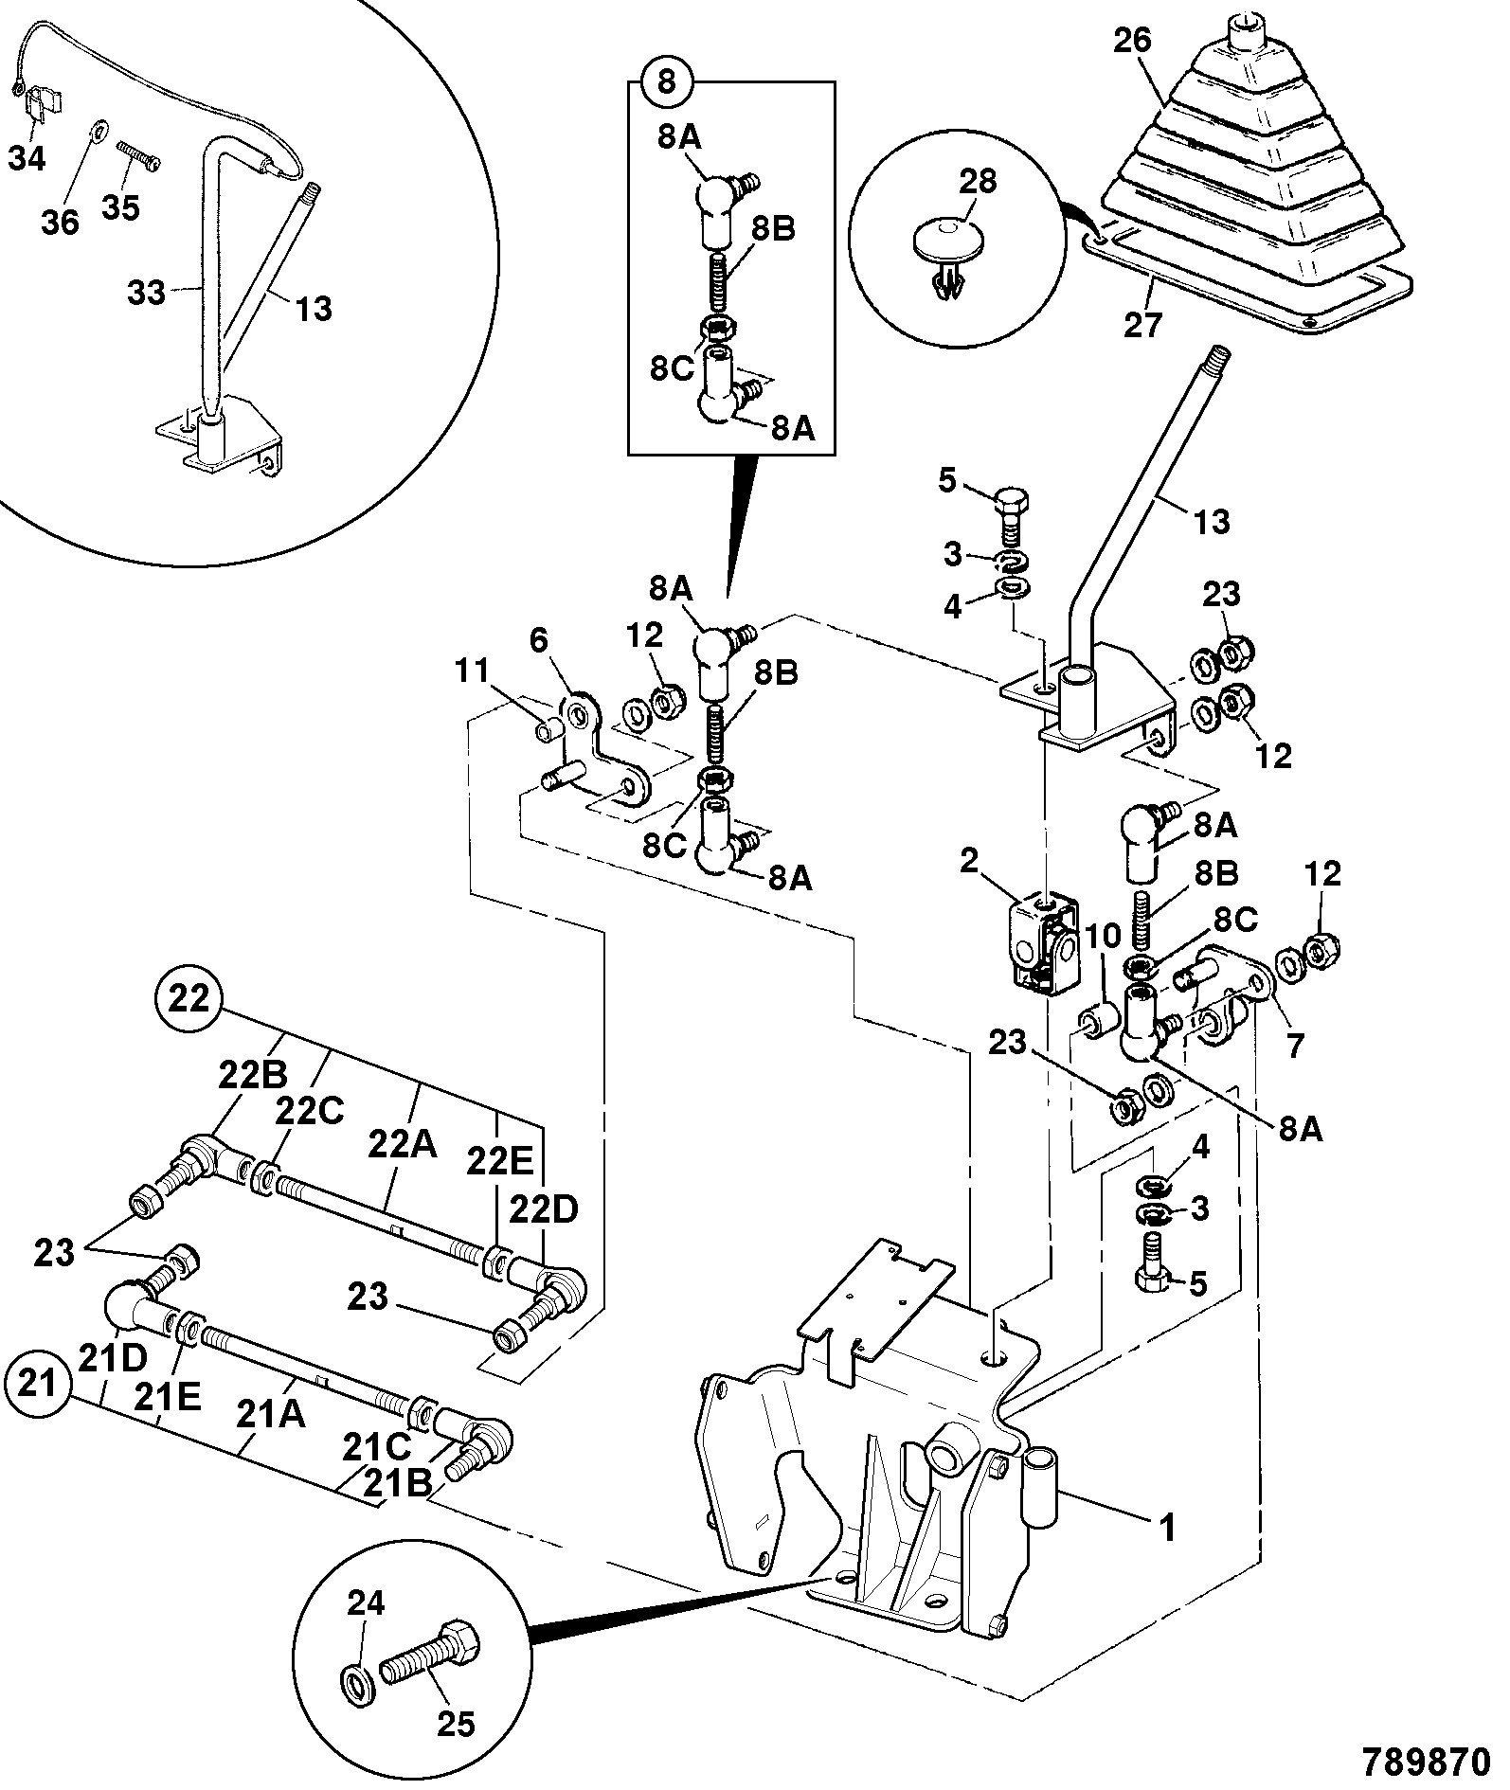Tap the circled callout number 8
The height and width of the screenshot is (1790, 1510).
[x=667, y=81]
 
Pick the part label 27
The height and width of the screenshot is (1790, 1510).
[x=1141, y=325]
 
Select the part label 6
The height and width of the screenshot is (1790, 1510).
[x=538, y=641]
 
